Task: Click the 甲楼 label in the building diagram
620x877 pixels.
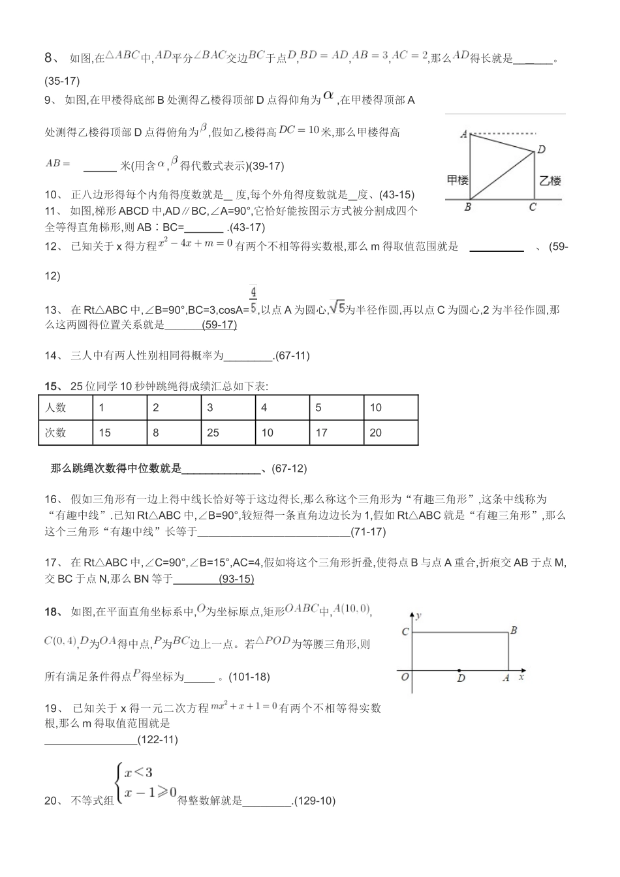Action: [x=457, y=179]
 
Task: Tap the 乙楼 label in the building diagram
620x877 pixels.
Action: [x=550, y=181]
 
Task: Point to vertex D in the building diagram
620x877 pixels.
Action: [x=541, y=149]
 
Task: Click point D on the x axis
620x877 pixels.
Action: [x=461, y=671]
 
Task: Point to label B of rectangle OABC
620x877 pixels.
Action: [x=514, y=630]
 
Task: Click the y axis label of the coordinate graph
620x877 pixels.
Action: [x=418, y=615]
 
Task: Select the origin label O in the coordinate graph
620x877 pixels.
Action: [x=405, y=677]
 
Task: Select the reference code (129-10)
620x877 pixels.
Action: [x=314, y=801]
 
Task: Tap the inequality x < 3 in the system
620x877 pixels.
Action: [x=138, y=773]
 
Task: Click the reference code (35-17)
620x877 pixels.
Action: [x=62, y=82]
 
